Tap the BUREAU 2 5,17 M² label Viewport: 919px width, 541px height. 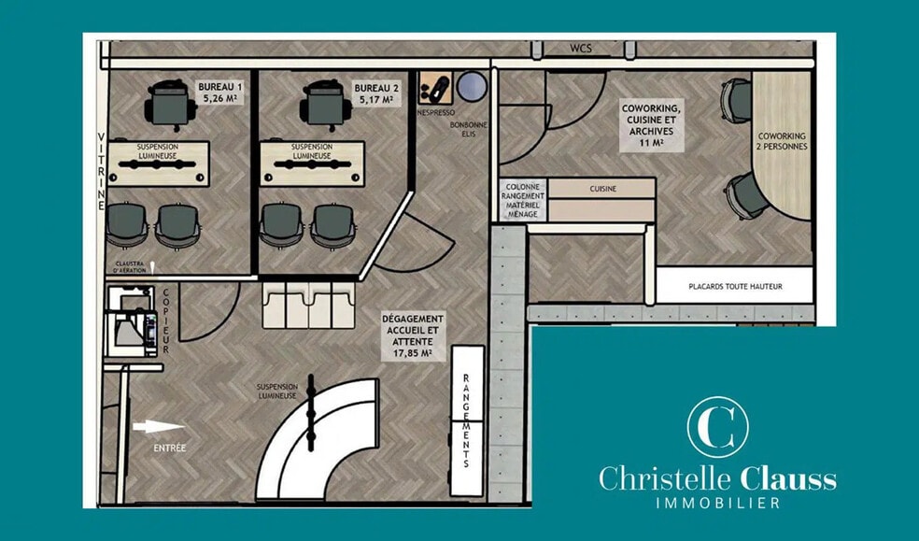click(x=373, y=92)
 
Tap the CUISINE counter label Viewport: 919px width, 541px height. click(x=602, y=189)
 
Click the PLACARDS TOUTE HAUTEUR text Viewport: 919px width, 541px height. click(x=734, y=287)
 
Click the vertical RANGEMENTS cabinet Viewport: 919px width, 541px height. click(x=467, y=420)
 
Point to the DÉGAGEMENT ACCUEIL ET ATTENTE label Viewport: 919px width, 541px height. click(x=413, y=335)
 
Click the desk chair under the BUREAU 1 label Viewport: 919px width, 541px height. click(x=169, y=100)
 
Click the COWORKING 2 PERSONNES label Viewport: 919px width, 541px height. click(x=782, y=141)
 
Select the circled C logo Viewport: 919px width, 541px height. click(x=717, y=427)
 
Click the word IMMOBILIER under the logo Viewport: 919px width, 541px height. click(x=717, y=504)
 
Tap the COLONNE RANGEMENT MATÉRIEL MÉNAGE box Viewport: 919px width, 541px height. click(x=524, y=200)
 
